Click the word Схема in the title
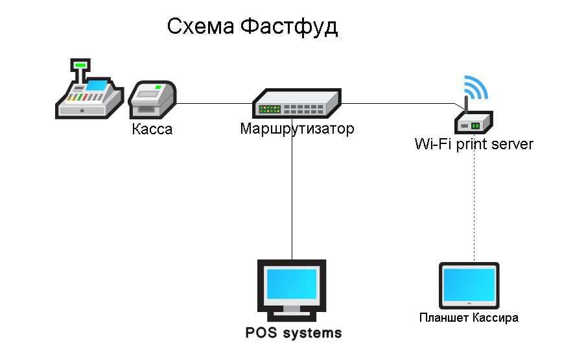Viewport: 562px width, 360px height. tap(201, 27)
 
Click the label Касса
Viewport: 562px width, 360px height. tap(152, 129)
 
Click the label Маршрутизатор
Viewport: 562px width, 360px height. tap(297, 128)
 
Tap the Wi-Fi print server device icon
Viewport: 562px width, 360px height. tap(473, 121)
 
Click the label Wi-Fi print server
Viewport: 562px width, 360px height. tap(474, 144)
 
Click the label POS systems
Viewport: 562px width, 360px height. tap(293, 333)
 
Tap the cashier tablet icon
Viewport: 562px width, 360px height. tap(469, 286)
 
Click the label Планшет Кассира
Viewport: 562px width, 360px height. tap(469, 318)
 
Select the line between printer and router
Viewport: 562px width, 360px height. tap(214, 102)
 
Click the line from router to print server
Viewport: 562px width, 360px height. tap(395, 103)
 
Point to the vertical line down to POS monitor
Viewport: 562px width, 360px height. tap(292, 195)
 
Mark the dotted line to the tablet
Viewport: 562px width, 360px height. tap(474, 208)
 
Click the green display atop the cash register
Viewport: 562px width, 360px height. tap(80, 65)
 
